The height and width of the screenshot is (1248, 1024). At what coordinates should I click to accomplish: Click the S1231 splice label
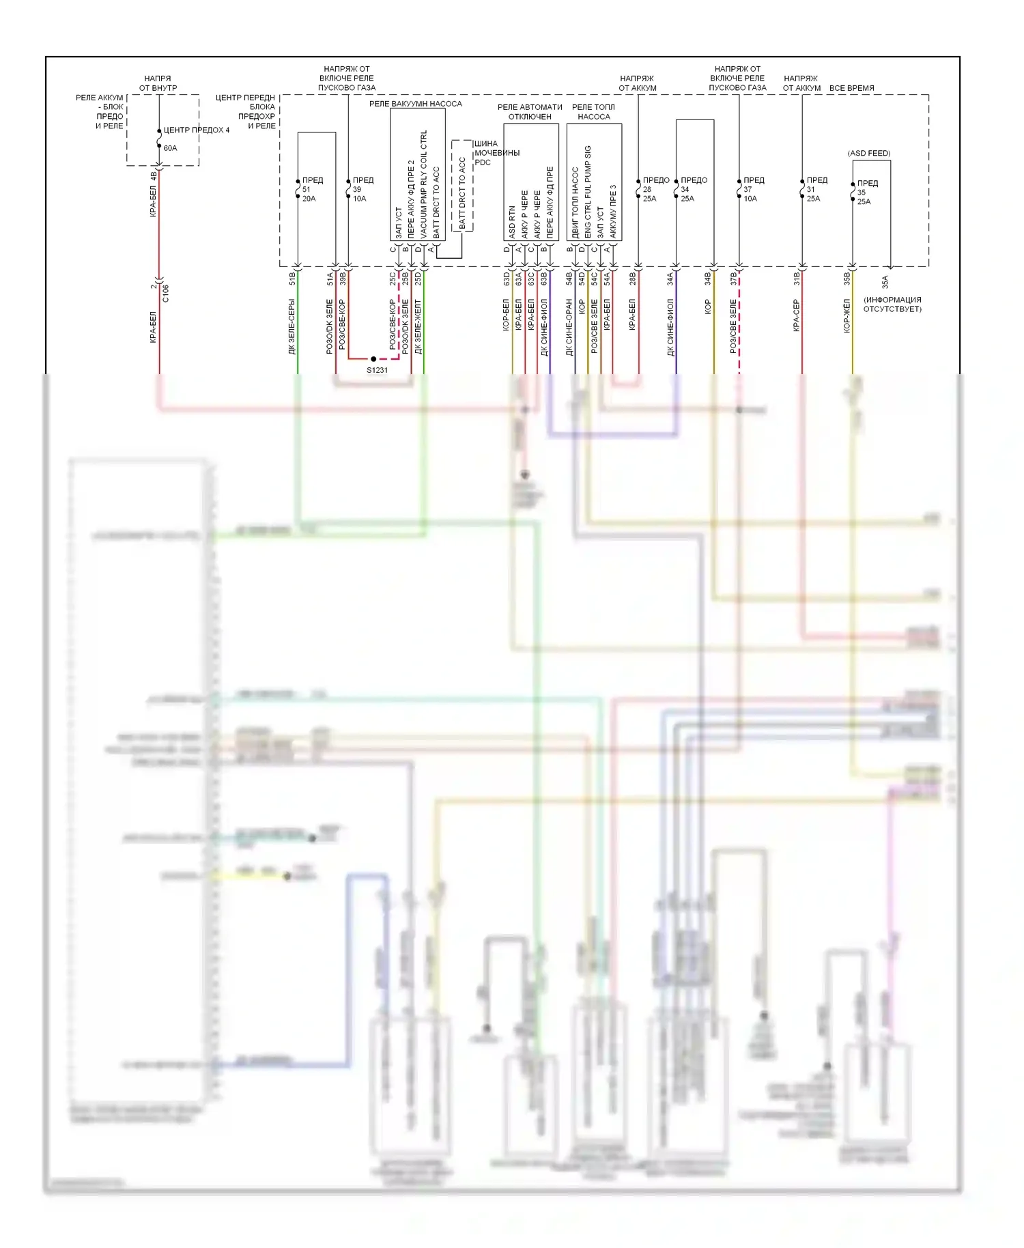click(x=377, y=370)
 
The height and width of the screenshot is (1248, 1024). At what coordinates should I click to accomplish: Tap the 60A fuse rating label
click(x=170, y=148)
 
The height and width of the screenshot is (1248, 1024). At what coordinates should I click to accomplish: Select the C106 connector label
click(x=165, y=294)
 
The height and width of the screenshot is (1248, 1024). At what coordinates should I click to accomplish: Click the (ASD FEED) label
click(x=868, y=153)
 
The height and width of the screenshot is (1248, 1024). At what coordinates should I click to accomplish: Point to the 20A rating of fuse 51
click(x=309, y=199)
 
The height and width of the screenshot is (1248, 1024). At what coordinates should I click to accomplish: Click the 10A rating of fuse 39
click(x=359, y=199)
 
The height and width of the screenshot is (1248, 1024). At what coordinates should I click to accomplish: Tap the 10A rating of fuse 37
click(x=750, y=199)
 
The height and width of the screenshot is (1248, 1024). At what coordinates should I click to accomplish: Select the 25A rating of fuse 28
click(x=649, y=199)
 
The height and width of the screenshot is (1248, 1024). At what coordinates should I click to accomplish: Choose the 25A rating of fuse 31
click(x=812, y=199)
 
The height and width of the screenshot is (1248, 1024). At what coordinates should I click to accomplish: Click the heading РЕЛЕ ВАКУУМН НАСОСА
click(x=415, y=104)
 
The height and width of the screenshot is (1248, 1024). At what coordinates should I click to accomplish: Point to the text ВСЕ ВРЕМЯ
click(x=851, y=88)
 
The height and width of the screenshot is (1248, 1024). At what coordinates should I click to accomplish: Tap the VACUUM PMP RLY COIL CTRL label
click(x=424, y=184)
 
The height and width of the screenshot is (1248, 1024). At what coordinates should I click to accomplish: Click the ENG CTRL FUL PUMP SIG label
click(x=588, y=192)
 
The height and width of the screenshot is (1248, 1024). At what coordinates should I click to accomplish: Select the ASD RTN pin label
click(x=512, y=223)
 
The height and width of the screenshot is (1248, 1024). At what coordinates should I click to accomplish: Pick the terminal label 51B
click(x=292, y=278)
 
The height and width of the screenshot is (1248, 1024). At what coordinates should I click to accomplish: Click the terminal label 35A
click(x=885, y=281)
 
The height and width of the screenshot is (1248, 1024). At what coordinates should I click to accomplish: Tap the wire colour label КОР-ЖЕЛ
click(x=847, y=315)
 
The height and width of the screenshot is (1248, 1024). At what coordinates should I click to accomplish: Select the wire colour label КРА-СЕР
click(x=796, y=315)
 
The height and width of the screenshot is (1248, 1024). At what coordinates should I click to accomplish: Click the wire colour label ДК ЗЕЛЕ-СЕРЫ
click(x=292, y=326)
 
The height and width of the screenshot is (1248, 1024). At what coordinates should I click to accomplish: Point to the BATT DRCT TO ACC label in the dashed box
click(x=462, y=193)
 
